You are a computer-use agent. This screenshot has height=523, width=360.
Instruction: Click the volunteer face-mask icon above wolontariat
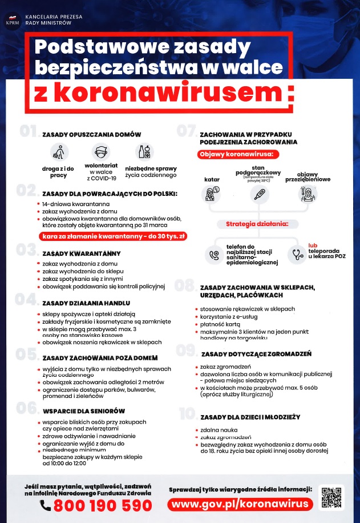(x=100, y=152)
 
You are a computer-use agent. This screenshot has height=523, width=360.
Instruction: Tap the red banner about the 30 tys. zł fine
(x=113, y=235)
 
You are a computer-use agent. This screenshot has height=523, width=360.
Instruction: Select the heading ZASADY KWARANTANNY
(x=81, y=253)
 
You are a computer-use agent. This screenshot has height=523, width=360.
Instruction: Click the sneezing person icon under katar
(x=212, y=194)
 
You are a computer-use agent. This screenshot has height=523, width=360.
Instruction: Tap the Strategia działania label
(x=257, y=224)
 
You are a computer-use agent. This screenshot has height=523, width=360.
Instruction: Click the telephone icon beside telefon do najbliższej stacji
(x=215, y=255)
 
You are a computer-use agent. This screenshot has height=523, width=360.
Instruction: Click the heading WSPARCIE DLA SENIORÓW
(x=84, y=410)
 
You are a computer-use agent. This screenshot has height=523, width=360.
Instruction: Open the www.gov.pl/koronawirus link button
(x=240, y=504)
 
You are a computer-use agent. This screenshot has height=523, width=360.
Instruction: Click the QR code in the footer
(x=331, y=498)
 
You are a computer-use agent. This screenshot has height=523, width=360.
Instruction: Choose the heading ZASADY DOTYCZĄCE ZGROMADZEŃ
(x=256, y=354)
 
